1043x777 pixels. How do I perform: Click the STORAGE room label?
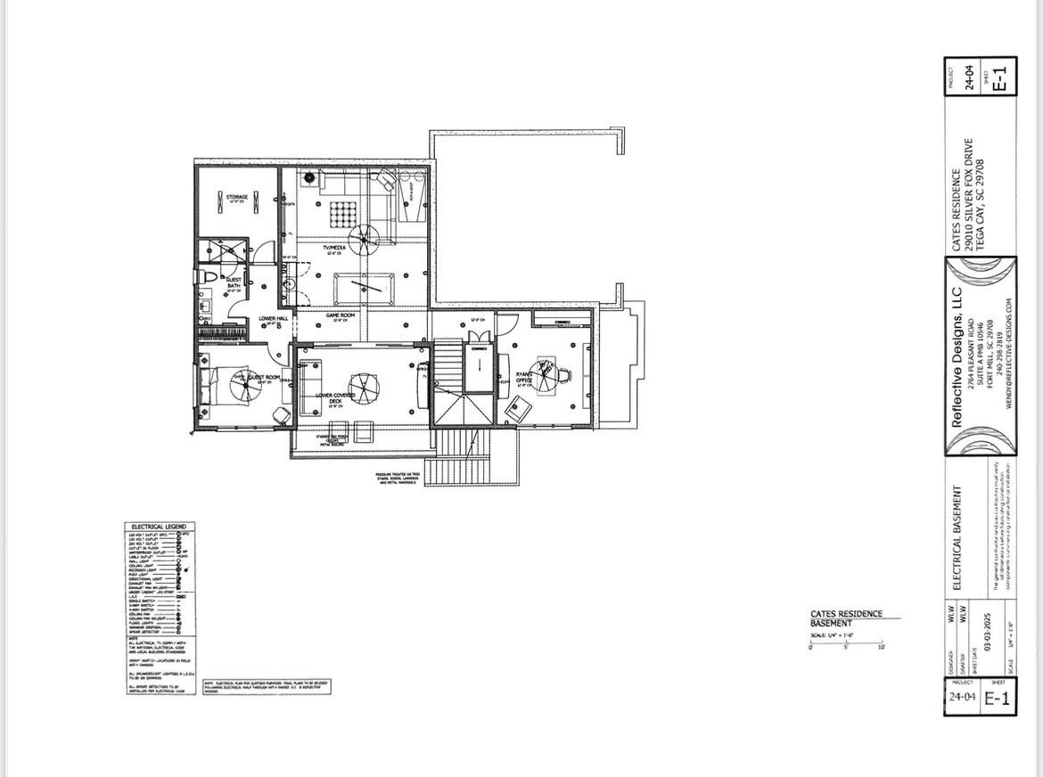pos(236,197)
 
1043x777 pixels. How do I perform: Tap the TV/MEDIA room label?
pos(334,248)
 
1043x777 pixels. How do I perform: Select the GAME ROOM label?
pos(340,315)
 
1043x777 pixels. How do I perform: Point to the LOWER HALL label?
pos(273,318)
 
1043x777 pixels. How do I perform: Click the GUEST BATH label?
pos(234,282)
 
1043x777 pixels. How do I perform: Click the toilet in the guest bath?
pos(203,277)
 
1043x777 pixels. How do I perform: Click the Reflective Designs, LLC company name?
pos(958,356)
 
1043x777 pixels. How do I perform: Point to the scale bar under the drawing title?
pos(845,642)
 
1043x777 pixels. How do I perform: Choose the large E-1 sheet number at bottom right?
pos(998,699)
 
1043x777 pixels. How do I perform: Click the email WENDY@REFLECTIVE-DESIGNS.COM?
pos(1010,354)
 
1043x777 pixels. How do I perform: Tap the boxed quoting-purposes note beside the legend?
pos(267,686)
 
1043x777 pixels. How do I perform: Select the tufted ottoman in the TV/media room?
pos(341,214)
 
